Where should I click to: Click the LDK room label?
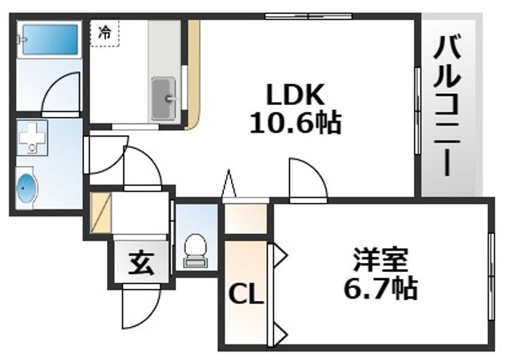pos(294,95)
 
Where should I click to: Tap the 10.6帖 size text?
pos(295,124)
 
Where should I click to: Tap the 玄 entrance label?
pos(139,266)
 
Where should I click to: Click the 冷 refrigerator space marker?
pos(104,32)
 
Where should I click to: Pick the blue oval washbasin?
pos(26,188)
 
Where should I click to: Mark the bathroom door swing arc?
pos(60,92)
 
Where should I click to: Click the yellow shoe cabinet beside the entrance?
pos(100,211)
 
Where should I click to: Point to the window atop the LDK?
pos(308,15)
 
